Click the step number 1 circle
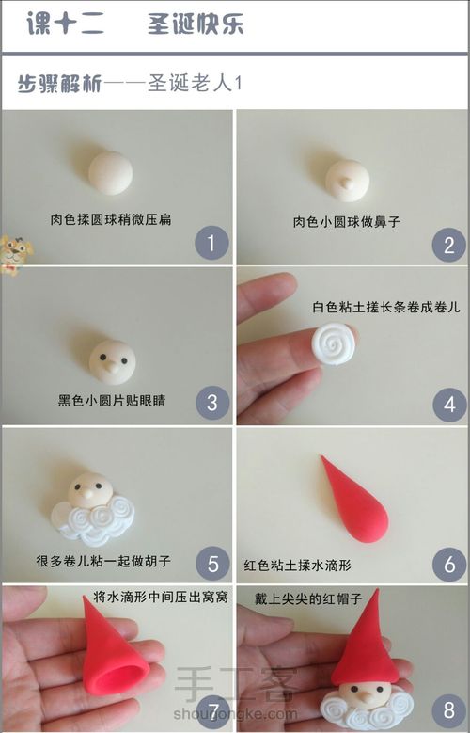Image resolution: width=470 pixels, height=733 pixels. [x=211, y=245]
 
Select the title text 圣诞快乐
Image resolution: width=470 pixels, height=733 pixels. [x=196, y=24]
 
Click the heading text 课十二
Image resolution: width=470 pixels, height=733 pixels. [x=67, y=24]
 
